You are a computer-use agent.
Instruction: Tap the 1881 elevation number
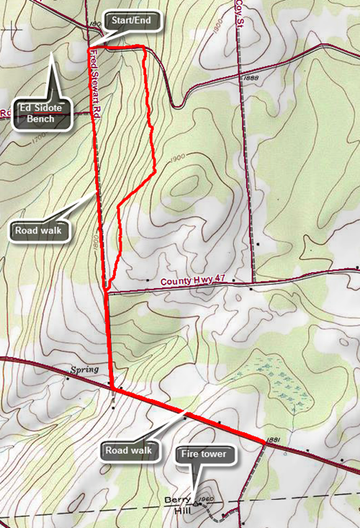coord(272,439)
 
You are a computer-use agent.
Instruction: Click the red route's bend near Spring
coord(112,389)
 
